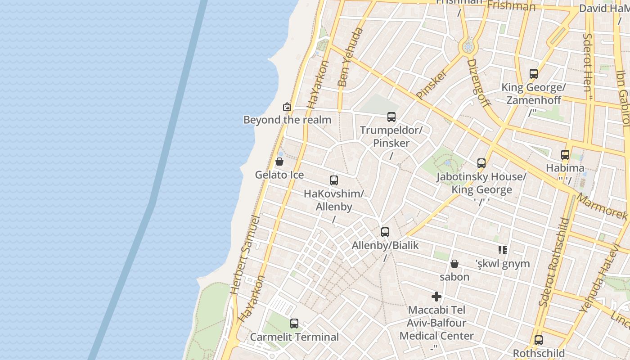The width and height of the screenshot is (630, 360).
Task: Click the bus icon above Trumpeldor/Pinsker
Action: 391,117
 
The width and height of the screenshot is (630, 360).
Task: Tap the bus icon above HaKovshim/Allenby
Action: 334,180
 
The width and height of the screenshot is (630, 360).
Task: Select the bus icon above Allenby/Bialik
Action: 385,232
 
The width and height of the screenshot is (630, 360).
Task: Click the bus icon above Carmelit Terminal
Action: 294,323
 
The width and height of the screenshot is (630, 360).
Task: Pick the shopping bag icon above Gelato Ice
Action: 279,162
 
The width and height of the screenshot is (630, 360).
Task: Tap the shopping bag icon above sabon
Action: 454,264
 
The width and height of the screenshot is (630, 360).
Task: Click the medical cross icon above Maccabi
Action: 436,297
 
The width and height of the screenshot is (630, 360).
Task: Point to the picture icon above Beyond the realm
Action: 287,107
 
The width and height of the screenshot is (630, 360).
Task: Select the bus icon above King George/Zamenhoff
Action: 534,74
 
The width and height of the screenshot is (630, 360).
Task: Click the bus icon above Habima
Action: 565,155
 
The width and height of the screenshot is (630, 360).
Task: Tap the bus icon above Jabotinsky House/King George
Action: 481,163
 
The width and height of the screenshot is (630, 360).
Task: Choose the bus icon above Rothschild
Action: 539,340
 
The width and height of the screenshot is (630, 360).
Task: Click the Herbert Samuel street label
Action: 245,255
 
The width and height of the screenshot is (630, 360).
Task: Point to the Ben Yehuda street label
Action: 350,57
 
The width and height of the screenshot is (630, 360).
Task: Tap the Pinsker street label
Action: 432,84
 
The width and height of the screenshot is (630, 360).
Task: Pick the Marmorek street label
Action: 602,207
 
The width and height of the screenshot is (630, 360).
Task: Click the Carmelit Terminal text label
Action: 294,337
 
